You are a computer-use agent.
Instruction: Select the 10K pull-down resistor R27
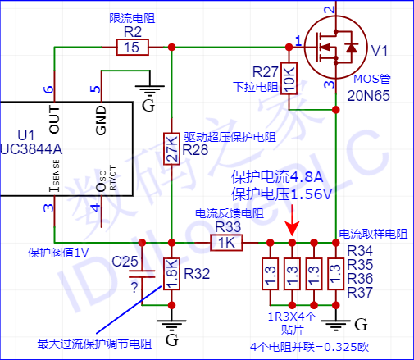click(x=289, y=79)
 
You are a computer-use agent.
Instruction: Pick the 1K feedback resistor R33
click(x=227, y=243)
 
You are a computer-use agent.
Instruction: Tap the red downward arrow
click(x=292, y=224)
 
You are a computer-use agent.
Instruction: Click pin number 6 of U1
click(x=48, y=89)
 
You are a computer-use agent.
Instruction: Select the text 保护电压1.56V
click(x=280, y=194)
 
